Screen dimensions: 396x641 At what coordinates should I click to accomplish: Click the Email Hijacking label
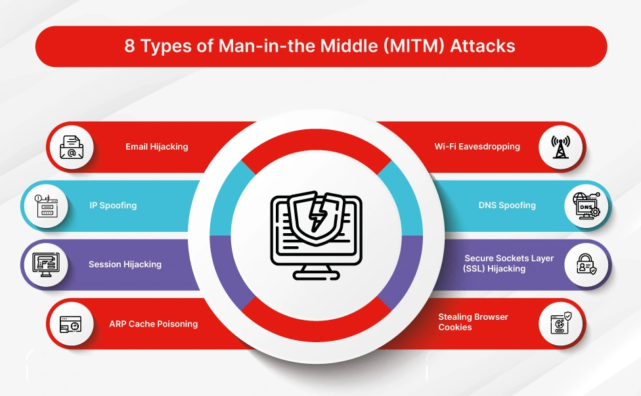pyautogui.click(x=157, y=146)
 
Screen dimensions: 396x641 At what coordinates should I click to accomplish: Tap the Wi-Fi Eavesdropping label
pyautogui.click(x=477, y=146)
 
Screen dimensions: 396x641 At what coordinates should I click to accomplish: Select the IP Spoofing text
pyautogui.click(x=113, y=205)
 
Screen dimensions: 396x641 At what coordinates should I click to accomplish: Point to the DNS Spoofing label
pyautogui.click(x=507, y=205)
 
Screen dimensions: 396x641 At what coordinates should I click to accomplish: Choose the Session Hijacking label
pyautogui.click(x=125, y=264)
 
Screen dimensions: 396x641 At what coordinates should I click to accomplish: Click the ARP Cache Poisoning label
pyautogui.click(x=153, y=323)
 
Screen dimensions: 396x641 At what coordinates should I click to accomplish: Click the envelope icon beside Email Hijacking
pyautogui.click(x=72, y=146)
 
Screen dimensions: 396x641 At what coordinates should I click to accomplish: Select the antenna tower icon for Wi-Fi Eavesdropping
pyautogui.click(x=560, y=147)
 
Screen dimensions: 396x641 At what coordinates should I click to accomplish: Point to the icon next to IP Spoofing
pyautogui.click(x=46, y=206)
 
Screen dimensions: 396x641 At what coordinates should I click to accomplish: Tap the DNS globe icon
pyautogui.click(x=586, y=206)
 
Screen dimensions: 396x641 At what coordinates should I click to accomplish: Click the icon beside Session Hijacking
pyautogui.click(x=46, y=265)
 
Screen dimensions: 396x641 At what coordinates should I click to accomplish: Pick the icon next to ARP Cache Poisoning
pyautogui.click(x=72, y=324)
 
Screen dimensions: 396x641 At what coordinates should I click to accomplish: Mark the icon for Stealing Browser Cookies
pyautogui.click(x=560, y=324)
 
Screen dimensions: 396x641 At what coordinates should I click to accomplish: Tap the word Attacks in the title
pyautogui.click(x=483, y=47)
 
